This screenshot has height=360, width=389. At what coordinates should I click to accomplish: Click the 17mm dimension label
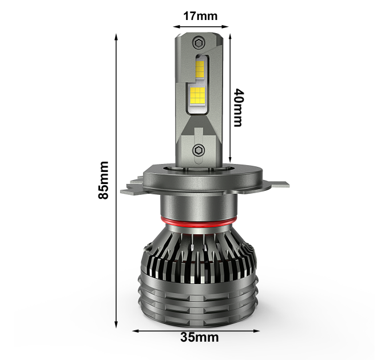(x=200, y=16)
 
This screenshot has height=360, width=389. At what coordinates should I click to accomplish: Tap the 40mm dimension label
(x=238, y=107)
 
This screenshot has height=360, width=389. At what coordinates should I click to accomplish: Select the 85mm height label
(x=103, y=180)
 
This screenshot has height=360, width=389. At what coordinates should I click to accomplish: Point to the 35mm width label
(x=200, y=337)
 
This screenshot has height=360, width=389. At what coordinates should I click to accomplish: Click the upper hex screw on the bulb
(x=199, y=43)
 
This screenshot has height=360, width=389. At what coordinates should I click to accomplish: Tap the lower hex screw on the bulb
(x=199, y=150)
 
